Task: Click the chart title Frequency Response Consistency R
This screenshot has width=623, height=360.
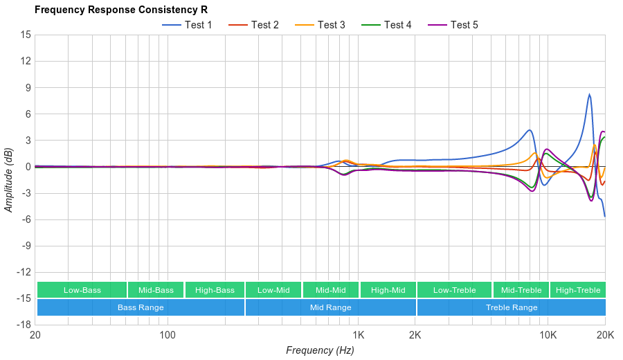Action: [120, 10]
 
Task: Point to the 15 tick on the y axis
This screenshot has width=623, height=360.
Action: [25, 35]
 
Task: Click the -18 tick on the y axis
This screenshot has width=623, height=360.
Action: [24, 324]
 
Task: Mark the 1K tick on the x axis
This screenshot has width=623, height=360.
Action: [358, 334]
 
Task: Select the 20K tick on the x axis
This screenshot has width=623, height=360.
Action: [604, 334]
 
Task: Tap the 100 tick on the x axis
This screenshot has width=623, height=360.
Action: [168, 334]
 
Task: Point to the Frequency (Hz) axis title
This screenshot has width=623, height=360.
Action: [320, 350]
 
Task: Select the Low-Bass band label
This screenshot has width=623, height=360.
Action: [82, 290]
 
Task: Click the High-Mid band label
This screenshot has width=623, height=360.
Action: [388, 290]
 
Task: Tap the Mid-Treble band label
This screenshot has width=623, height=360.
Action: [521, 290]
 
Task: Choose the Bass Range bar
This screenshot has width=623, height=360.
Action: [141, 307]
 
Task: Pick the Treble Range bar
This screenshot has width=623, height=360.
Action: [511, 307]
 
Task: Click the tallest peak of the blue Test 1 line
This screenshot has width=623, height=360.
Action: [589, 95]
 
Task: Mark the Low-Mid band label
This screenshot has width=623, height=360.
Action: [273, 290]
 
